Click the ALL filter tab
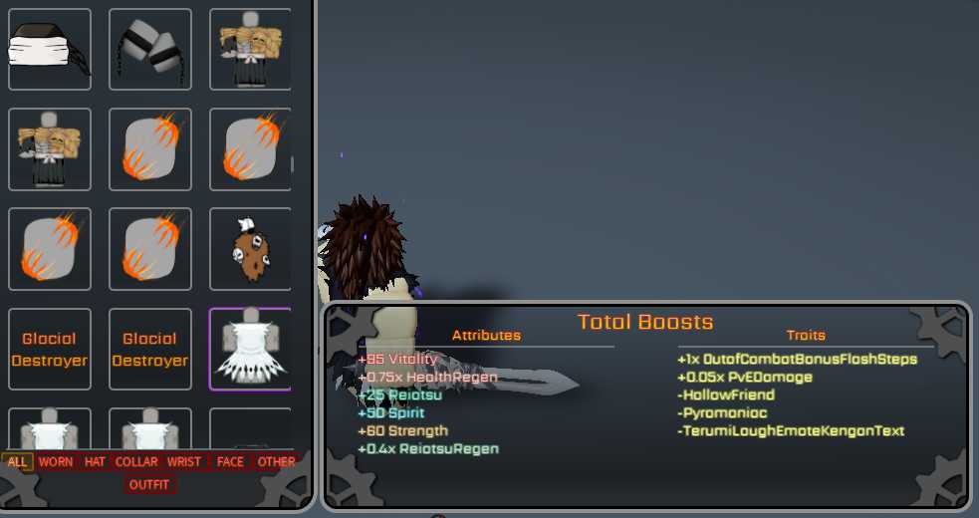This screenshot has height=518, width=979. (x=17, y=461)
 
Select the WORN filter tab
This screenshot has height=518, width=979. (x=56, y=461)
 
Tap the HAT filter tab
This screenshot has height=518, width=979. (x=95, y=461)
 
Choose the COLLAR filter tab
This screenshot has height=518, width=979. (x=136, y=461)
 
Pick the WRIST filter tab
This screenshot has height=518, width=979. (x=184, y=461)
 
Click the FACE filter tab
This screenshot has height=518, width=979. (x=230, y=461)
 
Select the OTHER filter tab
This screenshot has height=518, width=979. (x=276, y=461)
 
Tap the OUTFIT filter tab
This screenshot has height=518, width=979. (x=149, y=485)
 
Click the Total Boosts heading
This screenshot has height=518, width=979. (x=645, y=322)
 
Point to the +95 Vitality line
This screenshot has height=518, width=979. (x=397, y=359)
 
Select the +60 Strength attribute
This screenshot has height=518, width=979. (x=402, y=430)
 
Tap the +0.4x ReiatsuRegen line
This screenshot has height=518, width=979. (x=428, y=448)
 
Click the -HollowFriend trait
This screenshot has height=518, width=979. (x=726, y=394)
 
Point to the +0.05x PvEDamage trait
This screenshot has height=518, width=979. (x=745, y=377)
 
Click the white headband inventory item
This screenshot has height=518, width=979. (x=49, y=49)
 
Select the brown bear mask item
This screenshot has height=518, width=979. (x=250, y=248)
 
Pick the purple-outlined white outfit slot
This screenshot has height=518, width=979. (x=250, y=349)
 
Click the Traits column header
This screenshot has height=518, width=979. (x=806, y=335)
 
